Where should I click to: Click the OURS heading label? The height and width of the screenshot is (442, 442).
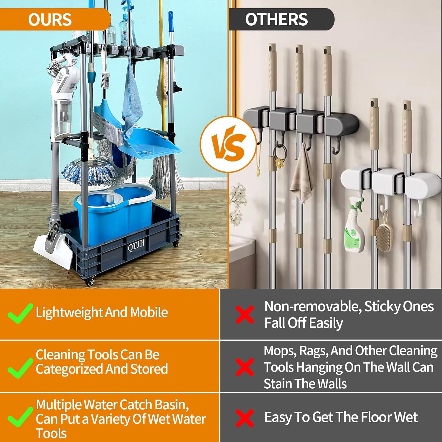pos(50,20)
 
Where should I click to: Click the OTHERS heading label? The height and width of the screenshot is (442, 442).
pos(276,19)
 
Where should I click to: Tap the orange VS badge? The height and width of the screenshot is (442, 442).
pos(229,144)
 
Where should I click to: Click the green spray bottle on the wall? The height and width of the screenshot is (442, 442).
pos(354,225)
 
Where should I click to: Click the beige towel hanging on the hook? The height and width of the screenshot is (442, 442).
pos(301,174)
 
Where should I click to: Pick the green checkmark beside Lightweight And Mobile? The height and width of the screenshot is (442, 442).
pos(19,313)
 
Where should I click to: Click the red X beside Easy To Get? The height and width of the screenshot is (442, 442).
pos(245,418)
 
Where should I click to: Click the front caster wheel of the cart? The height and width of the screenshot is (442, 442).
pos(90,282)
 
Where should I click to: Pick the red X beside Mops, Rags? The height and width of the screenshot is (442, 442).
pos(245,367)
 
